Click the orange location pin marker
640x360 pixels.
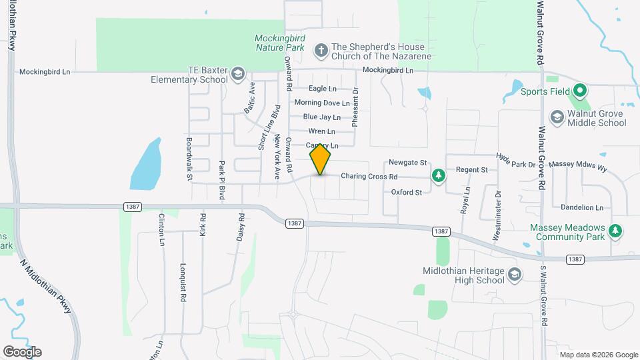(x=321, y=159)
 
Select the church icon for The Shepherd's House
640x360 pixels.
(x=321, y=48)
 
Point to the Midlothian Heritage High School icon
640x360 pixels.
(x=514, y=275)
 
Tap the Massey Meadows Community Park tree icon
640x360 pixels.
(x=617, y=231)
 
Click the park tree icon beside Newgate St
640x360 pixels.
(x=439, y=175)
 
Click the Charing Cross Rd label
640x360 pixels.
(x=369, y=177)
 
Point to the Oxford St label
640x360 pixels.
(x=407, y=193)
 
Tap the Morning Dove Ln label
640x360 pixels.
(x=322, y=103)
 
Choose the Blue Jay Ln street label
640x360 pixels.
(x=322, y=117)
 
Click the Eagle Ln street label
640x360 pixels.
(x=323, y=89)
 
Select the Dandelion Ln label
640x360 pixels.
(x=582, y=207)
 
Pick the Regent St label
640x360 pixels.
(x=471, y=170)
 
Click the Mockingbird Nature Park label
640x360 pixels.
(x=280, y=43)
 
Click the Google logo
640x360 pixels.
(x=22, y=351)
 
